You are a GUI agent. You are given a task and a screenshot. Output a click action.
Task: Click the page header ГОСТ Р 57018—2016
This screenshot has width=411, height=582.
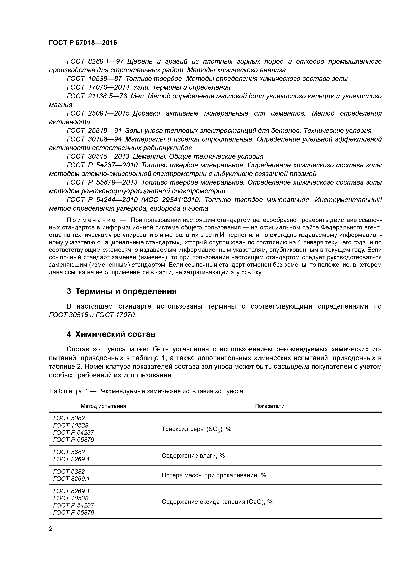pos(83,43)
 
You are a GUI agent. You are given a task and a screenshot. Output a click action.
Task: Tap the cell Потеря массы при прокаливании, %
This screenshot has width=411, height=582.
pos(214,475)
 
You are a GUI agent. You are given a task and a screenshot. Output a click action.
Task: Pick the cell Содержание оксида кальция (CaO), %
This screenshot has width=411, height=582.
pos(217,502)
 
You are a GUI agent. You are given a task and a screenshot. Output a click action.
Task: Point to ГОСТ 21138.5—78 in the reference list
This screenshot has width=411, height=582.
pos(97,96)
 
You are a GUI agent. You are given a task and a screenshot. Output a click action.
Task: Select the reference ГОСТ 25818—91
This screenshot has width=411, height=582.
pos(94,131)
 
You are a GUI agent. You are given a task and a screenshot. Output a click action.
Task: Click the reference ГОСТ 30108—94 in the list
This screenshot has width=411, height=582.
pos(94,139)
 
